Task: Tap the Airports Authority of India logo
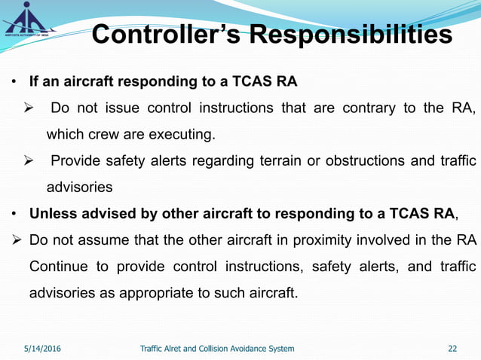(26, 17)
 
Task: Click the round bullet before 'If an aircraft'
(14, 81)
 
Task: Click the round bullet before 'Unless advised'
(14, 214)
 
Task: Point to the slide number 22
(452, 349)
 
